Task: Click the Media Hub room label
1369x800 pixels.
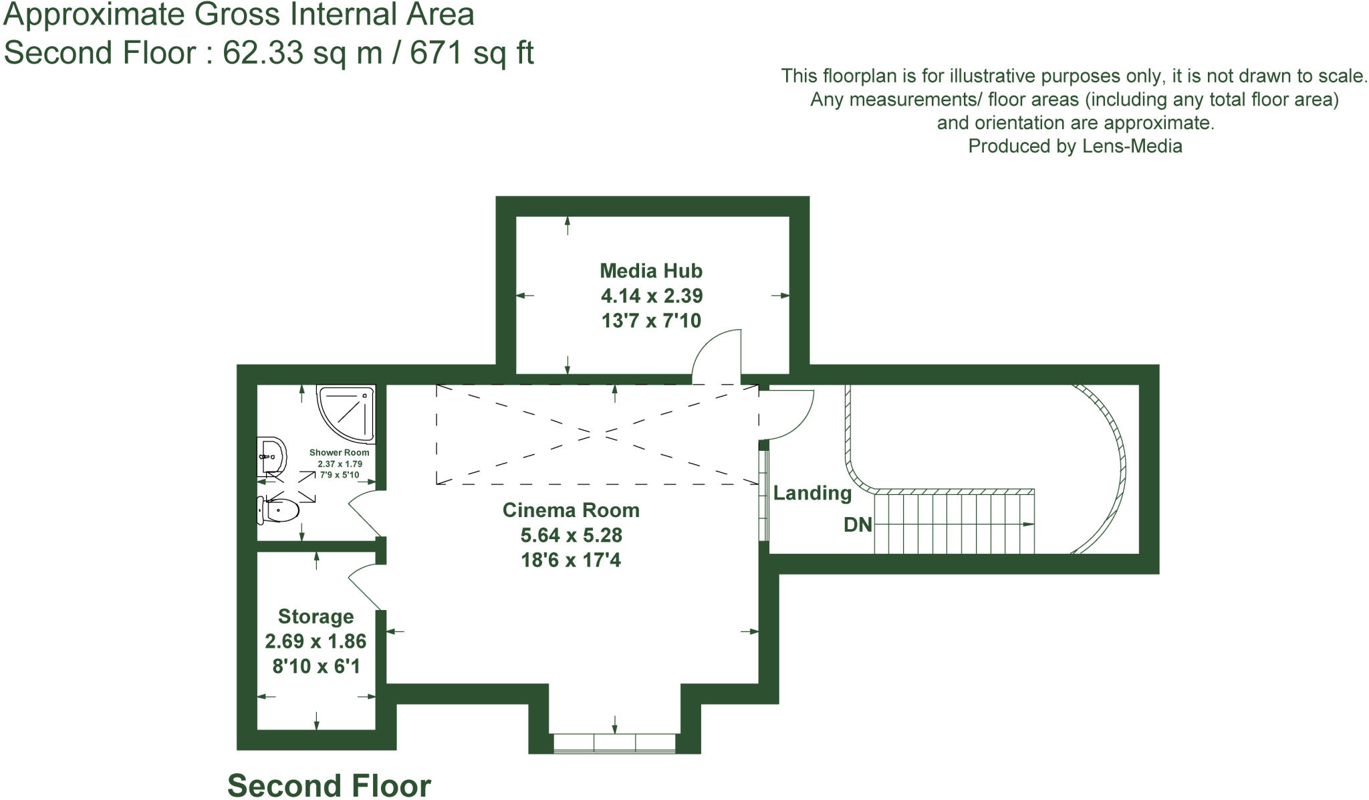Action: pyautogui.click(x=650, y=271)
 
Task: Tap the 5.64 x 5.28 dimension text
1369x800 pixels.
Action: pyautogui.click(x=571, y=535)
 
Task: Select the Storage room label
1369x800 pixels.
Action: pyautogui.click(x=316, y=616)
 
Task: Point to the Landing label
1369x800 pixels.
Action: pyautogui.click(x=812, y=493)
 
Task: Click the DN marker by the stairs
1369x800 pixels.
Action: pyautogui.click(x=858, y=524)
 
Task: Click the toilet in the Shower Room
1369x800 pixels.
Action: pyautogui.click(x=279, y=511)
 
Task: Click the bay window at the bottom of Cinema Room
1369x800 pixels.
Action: pyautogui.click(x=614, y=743)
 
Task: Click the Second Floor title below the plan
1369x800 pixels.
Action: pyautogui.click(x=329, y=785)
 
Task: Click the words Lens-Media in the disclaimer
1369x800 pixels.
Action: pyautogui.click(x=1132, y=146)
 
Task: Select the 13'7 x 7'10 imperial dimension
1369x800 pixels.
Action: pyautogui.click(x=650, y=320)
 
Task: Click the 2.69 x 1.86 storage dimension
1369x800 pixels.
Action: pyautogui.click(x=316, y=641)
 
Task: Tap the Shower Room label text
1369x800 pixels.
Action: pyautogui.click(x=339, y=453)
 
